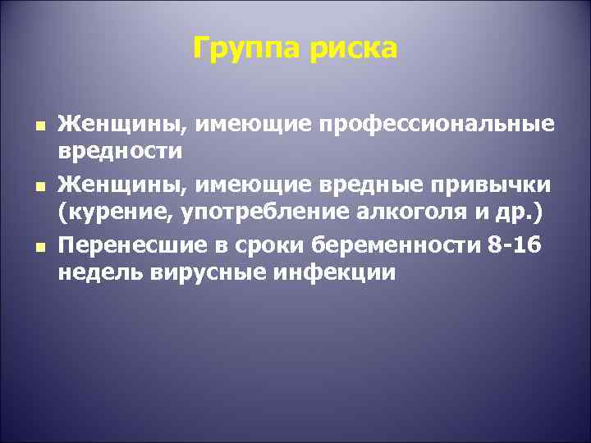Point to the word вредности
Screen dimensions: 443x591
pyautogui.click(x=120, y=151)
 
